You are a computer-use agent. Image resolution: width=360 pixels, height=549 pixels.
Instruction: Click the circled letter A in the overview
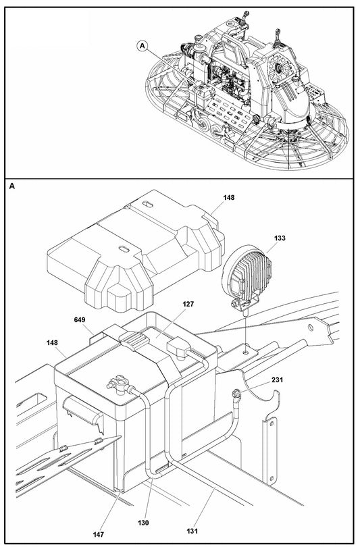click(x=142, y=45)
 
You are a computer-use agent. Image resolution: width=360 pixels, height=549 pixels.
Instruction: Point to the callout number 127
click(x=188, y=305)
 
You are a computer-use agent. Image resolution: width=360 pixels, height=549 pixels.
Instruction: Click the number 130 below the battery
click(x=143, y=523)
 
